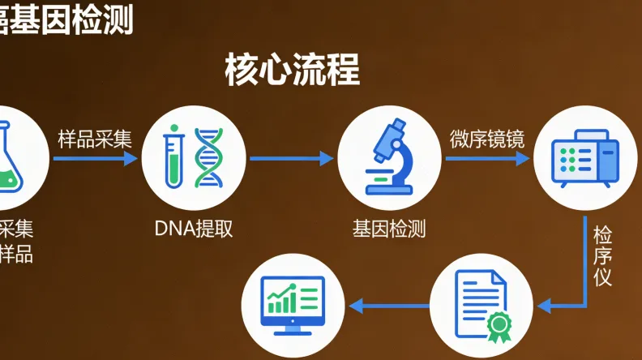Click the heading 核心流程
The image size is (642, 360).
pos(292,71)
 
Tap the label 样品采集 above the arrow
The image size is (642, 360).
pos(95,139)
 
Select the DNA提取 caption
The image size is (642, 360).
pos(194,229)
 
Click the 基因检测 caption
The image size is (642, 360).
pos(388,229)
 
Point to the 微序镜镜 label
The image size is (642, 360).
pos(487,139)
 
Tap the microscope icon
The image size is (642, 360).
pos(387,156)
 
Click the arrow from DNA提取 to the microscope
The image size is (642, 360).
pos(292,159)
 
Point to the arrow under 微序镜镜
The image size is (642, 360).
pos(487,159)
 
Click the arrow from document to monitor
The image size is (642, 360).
pos(389,306)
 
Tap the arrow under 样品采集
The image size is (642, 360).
pos(95,159)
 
